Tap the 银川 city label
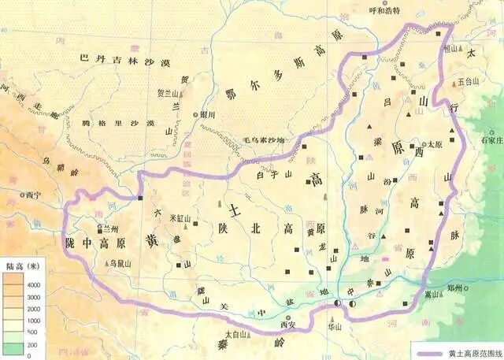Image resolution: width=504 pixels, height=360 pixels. (x=208, y=114)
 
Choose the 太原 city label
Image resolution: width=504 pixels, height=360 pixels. (x=435, y=145)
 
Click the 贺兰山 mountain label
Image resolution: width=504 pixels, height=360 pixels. (x=171, y=92)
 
